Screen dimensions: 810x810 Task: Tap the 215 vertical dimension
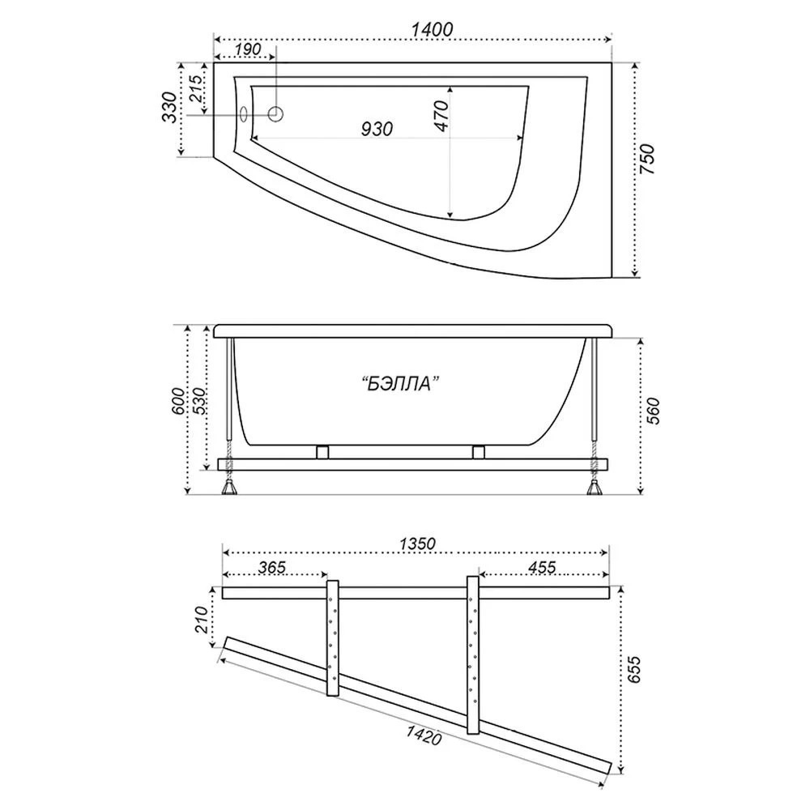tap(195, 87)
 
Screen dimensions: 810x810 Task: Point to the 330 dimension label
tap(168, 106)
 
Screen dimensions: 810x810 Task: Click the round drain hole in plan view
tap(275, 114)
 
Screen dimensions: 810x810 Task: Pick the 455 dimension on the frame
tap(539, 567)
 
